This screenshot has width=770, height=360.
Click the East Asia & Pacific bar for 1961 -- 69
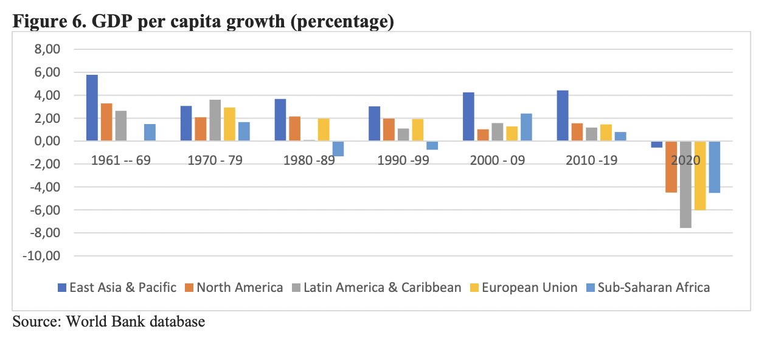[x=92, y=108]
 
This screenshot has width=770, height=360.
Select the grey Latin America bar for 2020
[x=685, y=184]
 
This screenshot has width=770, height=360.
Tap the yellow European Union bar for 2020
[x=700, y=175]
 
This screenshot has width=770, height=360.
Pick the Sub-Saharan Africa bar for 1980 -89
[x=338, y=148]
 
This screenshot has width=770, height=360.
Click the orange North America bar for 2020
[x=671, y=167]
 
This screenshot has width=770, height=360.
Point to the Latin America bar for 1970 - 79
[x=215, y=120]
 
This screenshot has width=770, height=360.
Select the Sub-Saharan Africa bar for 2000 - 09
[x=526, y=127]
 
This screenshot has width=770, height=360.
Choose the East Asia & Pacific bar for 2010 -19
[x=563, y=116]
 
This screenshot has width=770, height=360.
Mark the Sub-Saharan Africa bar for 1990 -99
[x=432, y=145]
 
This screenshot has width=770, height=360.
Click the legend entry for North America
[x=234, y=288]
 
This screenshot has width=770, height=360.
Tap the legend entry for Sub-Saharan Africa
[x=648, y=288]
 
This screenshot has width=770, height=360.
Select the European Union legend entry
[x=524, y=288]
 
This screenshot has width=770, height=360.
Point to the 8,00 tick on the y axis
[x=47, y=49]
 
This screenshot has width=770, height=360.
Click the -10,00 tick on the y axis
[x=41, y=256]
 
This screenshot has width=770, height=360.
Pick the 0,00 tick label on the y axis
[x=47, y=141]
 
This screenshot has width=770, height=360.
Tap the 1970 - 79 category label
[x=215, y=160]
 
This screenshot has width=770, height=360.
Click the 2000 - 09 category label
[x=498, y=160]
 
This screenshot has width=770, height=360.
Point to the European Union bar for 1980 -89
[x=324, y=130]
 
